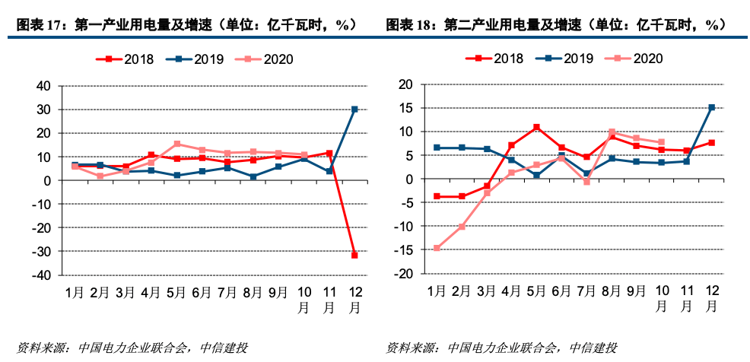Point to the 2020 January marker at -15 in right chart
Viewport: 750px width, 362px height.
[437, 248]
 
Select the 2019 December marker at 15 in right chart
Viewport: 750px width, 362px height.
[711, 108]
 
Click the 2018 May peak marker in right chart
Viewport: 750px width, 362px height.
[536, 127]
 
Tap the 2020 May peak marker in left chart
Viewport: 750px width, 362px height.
[176, 144]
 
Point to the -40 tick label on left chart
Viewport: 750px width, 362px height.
[41, 275]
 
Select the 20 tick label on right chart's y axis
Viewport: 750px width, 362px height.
[406, 84]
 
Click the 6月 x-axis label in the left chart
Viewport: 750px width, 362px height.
[202, 292]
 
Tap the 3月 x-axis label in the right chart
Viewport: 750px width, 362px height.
[486, 292]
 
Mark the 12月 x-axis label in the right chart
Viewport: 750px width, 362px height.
[711, 298]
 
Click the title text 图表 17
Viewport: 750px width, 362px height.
[38, 24]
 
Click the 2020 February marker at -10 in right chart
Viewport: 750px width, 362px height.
[462, 227]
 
